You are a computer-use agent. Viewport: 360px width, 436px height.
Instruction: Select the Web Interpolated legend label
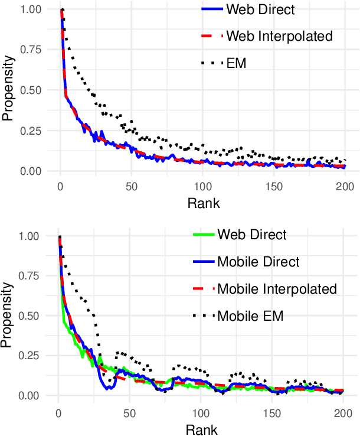pyautogui.click(x=279, y=36)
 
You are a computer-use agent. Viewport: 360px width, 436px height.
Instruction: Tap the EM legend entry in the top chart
pyautogui.click(x=236, y=62)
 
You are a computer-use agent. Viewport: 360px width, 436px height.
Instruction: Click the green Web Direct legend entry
pyautogui.click(x=252, y=235)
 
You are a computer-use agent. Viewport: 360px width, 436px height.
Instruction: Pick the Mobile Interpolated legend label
pyautogui.click(x=277, y=289)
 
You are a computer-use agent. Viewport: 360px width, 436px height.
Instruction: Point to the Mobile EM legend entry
pyautogui.click(x=250, y=315)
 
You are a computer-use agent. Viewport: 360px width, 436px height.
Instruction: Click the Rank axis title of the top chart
pyautogui.click(x=202, y=204)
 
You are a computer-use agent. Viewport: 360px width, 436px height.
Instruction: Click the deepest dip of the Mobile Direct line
pyautogui.click(x=109, y=388)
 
